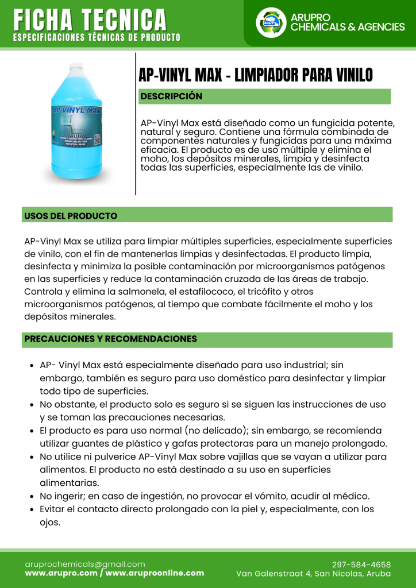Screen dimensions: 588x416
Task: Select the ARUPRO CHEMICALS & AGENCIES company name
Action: click(347, 22)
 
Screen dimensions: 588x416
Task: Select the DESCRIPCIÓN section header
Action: click(171, 96)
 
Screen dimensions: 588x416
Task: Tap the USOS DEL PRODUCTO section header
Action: click(71, 216)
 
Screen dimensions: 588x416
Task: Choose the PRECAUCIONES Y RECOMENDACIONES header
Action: click(110, 339)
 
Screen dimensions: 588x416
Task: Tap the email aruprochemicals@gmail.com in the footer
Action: click(84, 564)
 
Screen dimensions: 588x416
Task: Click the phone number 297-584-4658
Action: click(361, 564)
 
